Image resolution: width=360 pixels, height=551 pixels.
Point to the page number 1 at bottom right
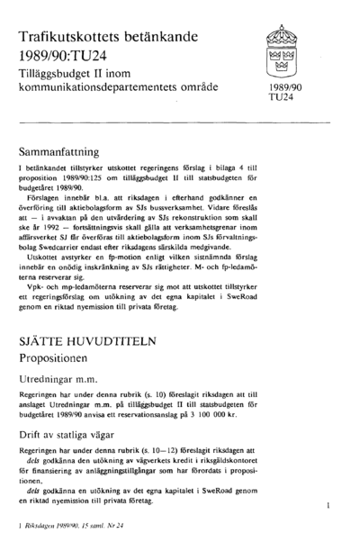[x=328, y=508]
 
